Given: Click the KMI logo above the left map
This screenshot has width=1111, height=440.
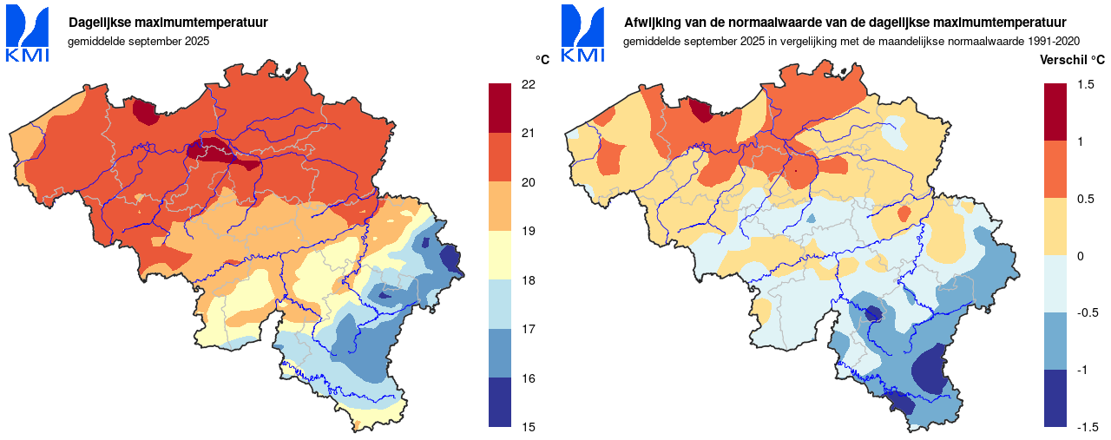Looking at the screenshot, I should pyautogui.click(x=27, y=34).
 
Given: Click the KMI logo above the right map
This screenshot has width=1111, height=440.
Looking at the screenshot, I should pyautogui.click(x=582, y=34).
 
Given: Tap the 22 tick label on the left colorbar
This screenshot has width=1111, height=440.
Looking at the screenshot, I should pyautogui.click(x=528, y=84).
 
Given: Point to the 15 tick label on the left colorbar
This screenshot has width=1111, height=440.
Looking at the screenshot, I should pyautogui.click(x=528, y=427).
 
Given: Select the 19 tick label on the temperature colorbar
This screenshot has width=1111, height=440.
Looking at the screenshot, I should pyautogui.click(x=528, y=231).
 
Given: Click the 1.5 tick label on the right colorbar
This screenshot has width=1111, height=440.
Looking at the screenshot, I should pyautogui.click(x=1086, y=84).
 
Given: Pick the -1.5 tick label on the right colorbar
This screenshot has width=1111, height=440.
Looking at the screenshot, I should pyautogui.click(x=1088, y=427).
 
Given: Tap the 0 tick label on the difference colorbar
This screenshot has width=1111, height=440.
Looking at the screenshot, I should pyautogui.click(x=1081, y=256).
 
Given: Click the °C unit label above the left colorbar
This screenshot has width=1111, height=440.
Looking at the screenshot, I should pyautogui.click(x=542, y=60).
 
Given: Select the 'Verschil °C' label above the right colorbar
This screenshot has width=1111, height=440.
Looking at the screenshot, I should pyautogui.click(x=1073, y=60).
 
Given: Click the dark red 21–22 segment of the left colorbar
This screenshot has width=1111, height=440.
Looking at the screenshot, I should pyautogui.click(x=500, y=108).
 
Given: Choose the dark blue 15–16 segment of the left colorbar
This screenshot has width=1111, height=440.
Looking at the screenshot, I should pyautogui.click(x=500, y=402).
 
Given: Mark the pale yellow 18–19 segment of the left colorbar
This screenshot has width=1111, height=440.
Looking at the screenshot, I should pyautogui.click(x=500, y=255).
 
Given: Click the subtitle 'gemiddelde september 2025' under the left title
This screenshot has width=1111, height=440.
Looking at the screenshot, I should pyautogui.click(x=138, y=41).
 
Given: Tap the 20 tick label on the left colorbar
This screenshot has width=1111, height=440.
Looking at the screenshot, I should pyautogui.click(x=528, y=182).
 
